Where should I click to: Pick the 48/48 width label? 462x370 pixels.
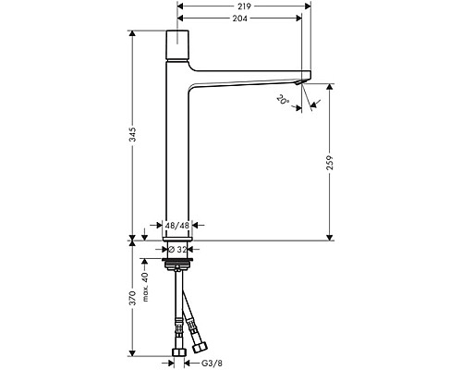177,223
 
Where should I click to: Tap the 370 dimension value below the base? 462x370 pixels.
135,299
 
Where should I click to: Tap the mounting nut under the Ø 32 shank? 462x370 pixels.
177,265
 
